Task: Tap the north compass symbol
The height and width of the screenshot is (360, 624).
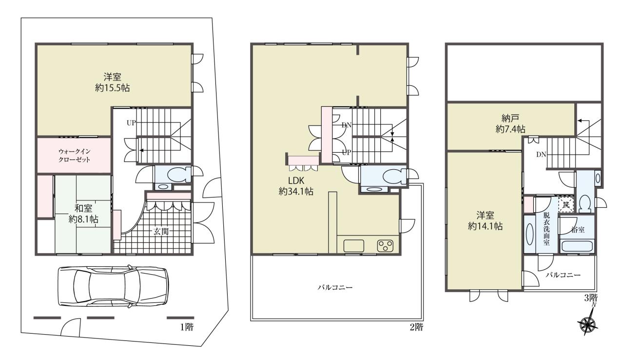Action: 589,323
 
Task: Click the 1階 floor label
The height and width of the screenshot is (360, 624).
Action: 187,327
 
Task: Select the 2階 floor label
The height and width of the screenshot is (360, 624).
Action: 416,327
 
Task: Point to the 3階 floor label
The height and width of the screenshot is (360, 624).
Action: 590,298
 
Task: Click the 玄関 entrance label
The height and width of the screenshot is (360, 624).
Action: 161,232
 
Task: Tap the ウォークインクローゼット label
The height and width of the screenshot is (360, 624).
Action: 75,156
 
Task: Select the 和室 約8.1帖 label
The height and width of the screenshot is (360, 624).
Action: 83,214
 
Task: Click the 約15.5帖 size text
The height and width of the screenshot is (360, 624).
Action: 113,88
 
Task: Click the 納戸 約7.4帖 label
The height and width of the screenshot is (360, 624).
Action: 510,124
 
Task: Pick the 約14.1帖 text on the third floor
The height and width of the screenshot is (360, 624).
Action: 486,226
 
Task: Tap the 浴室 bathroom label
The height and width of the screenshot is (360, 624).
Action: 578,230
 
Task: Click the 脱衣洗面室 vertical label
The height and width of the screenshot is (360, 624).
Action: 546,229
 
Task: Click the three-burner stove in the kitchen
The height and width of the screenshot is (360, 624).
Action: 386,246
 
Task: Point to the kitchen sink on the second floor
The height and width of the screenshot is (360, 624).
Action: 354,246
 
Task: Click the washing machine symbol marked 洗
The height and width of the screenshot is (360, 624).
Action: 566,205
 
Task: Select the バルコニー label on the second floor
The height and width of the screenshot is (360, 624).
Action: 335,287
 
